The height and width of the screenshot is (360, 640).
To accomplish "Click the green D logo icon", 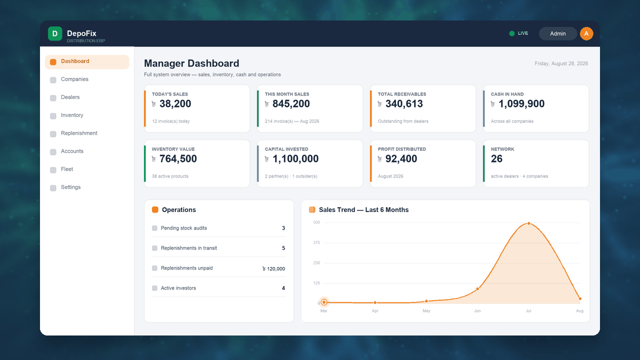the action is [55, 33].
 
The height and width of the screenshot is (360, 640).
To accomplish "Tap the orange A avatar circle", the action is [586, 33].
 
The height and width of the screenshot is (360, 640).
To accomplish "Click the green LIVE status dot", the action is [511, 33].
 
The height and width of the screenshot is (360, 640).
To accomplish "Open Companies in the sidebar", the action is [74, 79].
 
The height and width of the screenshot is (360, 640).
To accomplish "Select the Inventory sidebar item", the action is [72, 115].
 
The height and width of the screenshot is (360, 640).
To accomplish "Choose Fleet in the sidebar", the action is [67, 169].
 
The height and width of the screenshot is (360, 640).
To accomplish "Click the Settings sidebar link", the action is [70, 187].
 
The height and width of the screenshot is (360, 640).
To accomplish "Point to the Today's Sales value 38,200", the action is [175, 103].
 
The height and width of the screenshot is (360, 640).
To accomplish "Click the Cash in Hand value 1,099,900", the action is [521, 103].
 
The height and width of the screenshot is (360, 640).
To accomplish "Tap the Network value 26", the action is [496, 159].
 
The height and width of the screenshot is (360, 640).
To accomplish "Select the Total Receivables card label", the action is [401, 94].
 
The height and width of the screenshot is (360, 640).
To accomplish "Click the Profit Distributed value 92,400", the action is [401, 159].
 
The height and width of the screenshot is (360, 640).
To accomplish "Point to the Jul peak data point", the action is [528, 223].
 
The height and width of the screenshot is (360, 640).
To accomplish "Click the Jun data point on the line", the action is [477, 289].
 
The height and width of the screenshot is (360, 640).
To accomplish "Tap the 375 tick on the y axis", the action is [316, 242].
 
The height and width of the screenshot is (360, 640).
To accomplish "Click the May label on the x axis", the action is [426, 311].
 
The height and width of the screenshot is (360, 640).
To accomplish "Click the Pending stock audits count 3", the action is [283, 228].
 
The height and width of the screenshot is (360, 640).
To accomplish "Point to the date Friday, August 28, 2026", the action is [561, 63].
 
